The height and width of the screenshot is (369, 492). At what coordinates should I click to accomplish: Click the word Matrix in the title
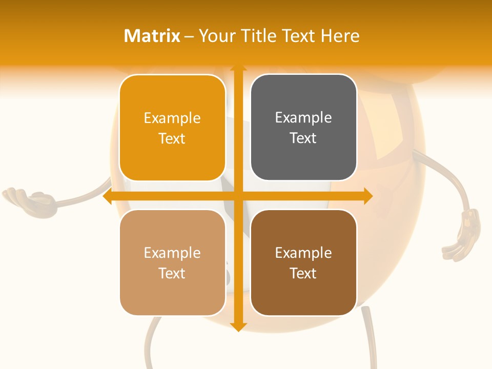[152, 36]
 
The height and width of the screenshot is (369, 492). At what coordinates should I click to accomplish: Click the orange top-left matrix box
[172, 128]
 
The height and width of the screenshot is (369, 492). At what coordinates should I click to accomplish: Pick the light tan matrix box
[172, 262]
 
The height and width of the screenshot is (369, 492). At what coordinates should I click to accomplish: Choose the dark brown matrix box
[303, 262]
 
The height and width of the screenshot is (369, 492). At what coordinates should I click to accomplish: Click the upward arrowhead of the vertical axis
[238, 69]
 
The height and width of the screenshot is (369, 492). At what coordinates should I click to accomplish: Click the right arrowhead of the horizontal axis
[368, 196]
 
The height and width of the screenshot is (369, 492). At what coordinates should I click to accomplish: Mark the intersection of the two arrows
[238, 196]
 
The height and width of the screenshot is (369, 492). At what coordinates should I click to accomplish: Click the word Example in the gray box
[303, 117]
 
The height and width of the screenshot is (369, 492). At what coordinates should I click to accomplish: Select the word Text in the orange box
[172, 138]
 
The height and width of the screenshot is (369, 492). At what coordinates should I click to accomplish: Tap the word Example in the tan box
[172, 253]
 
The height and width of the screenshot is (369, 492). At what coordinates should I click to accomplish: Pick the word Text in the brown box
[303, 273]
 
